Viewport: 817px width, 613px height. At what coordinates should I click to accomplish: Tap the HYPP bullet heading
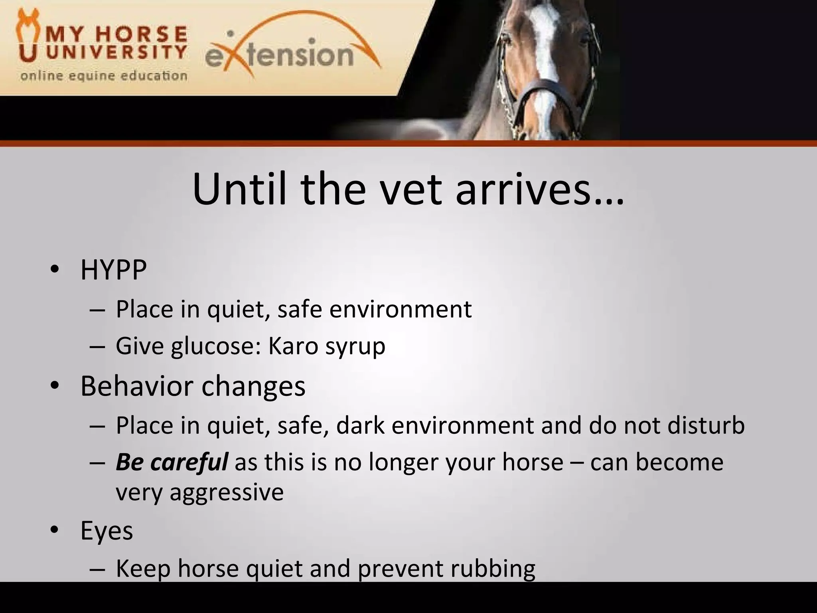(113, 270)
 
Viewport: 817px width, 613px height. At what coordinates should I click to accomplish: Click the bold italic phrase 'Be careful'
(172, 462)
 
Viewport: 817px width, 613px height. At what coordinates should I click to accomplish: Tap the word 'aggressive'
(226, 492)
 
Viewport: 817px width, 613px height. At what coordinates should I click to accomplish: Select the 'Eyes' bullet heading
(107, 531)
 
